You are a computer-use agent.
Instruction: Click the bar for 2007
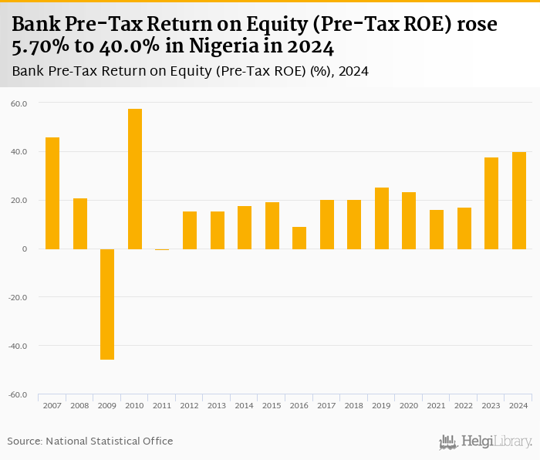click(x=52, y=193)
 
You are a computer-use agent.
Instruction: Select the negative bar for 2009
click(x=107, y=304)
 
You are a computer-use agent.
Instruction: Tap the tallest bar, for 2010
click(x=135, y=179)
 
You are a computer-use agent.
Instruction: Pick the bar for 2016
click(x=299, y=238)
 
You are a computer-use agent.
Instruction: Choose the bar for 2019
click(x=382, y=218)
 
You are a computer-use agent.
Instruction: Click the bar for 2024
click(x=519, y=201)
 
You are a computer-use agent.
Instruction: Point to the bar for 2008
click(x=80, y=224)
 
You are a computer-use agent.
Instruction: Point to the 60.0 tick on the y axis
click(x=19, y=103)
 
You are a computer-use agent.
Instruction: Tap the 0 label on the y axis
click(x=24, y=249)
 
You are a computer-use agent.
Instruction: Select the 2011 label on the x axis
click(x=162, y=406)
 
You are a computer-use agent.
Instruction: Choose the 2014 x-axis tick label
click(x=245, y=406)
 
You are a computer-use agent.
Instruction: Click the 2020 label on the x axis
click(x=409, y=406)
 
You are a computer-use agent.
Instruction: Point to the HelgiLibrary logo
click(x=485, y=441)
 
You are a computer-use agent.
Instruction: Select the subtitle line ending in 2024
click(x=190, y=72)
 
